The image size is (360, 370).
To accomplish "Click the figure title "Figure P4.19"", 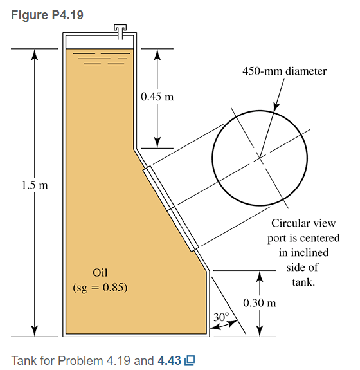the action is (x=47, y=15).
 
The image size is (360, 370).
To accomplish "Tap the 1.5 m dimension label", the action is (x=35, y=185).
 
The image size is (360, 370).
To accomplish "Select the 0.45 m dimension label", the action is (x=157, y=97).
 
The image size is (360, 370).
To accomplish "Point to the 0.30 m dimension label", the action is (x=259, y=302).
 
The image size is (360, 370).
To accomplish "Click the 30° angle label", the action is (x=221, y=317).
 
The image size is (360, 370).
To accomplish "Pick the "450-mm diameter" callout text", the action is (x=285, y=71).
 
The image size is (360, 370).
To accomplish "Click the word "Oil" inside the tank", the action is (x=100, y=273).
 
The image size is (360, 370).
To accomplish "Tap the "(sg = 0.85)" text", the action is (x=100, y=288).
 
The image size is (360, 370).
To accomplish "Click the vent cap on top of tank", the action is (x=120, y=32).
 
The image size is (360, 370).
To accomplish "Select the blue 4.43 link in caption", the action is (x=169, y=360).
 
